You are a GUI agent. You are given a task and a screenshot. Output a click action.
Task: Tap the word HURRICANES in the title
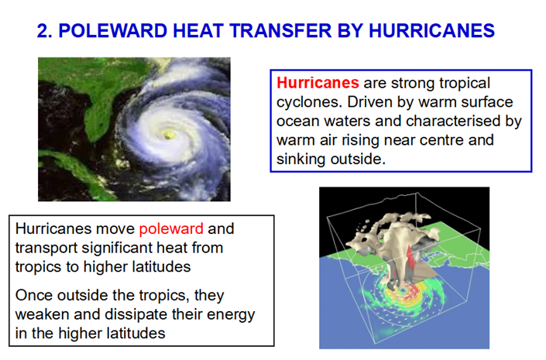point(432,31)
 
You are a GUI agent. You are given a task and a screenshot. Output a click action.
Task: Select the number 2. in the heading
point(45,31)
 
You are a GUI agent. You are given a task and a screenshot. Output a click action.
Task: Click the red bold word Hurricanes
point(318,83)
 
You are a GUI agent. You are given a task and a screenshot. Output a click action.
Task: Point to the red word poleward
point(171,229)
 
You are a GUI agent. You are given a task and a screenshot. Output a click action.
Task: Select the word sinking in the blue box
point(300,159)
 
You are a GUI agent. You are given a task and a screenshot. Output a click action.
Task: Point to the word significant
point(117,249)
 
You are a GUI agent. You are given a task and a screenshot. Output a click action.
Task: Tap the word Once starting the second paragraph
point(34,296)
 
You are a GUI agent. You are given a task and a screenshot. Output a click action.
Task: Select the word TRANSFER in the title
point(280,31)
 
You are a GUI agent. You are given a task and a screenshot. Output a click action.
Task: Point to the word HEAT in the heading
point(198,31)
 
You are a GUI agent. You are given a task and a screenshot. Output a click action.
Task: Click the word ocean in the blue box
point(298,122)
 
